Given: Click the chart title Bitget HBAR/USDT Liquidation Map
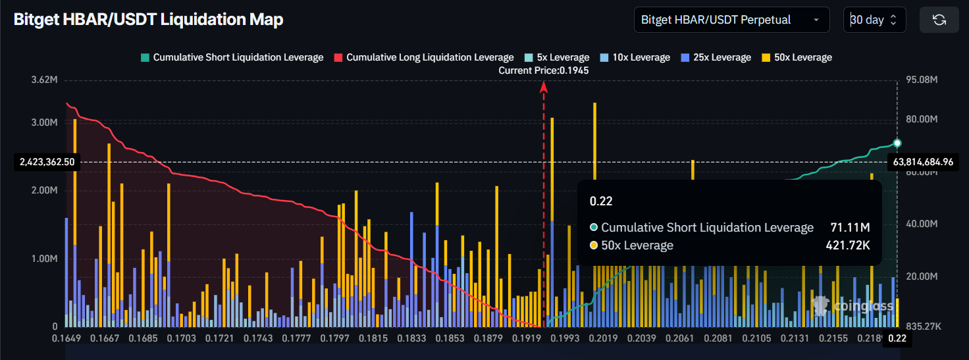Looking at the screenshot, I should coord(149,20).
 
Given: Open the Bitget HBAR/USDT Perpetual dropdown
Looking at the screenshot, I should coord(731,20).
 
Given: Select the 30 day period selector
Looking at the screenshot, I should coord(874,20).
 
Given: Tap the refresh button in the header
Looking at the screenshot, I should coord(939,20).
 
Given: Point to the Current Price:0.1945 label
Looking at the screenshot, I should coord(544,70).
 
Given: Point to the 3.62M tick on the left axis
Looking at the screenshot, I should coord(44,80).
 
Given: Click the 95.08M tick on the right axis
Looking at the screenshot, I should coord(921,80).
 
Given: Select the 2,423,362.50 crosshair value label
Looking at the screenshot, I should coord(46,161).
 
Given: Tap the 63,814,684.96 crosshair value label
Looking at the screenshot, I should coord(923,161).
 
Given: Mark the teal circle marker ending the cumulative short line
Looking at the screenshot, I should coord(897,143).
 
